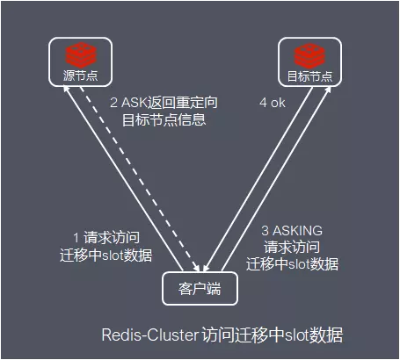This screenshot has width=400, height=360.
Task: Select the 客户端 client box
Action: click(200, 288)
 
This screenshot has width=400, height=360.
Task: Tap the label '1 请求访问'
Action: click(105, 238)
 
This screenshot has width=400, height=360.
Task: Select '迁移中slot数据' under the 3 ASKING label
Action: click(292, 263)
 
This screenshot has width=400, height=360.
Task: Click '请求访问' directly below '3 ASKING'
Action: click(292, 247)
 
